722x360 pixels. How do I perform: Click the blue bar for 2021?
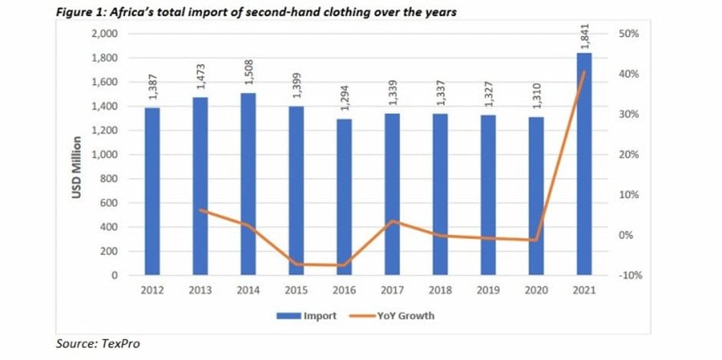tap(584, 164)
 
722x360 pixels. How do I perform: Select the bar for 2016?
tap(344, 197)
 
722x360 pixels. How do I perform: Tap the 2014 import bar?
tap(248, 184)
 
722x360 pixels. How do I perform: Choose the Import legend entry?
tap(306, 315)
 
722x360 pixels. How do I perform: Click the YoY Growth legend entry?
tap(392, 315)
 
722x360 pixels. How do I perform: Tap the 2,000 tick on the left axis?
tap(106, 34)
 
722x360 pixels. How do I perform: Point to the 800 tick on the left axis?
tap(110, 179)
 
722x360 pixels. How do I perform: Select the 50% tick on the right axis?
tap(624, 34)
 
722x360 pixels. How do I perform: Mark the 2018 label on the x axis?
tap(440, 290)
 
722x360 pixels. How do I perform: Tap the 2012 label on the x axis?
tap(152, 290)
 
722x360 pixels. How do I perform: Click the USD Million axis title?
tap(77, 167)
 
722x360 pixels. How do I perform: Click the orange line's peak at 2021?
tap(584, 72)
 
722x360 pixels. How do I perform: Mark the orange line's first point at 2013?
tap(200, 210)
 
